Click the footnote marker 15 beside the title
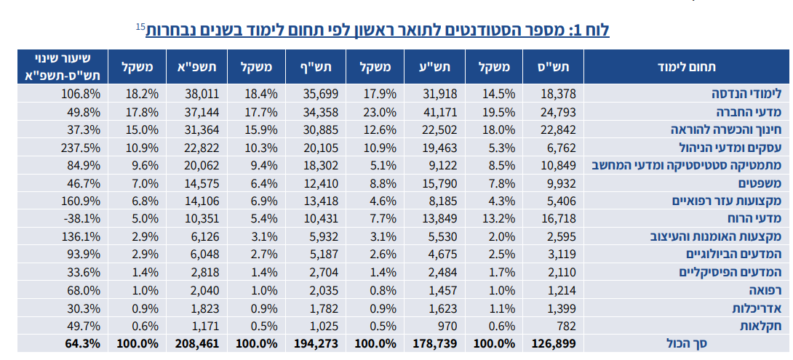(140, 27)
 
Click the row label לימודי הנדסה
(746, 93)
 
